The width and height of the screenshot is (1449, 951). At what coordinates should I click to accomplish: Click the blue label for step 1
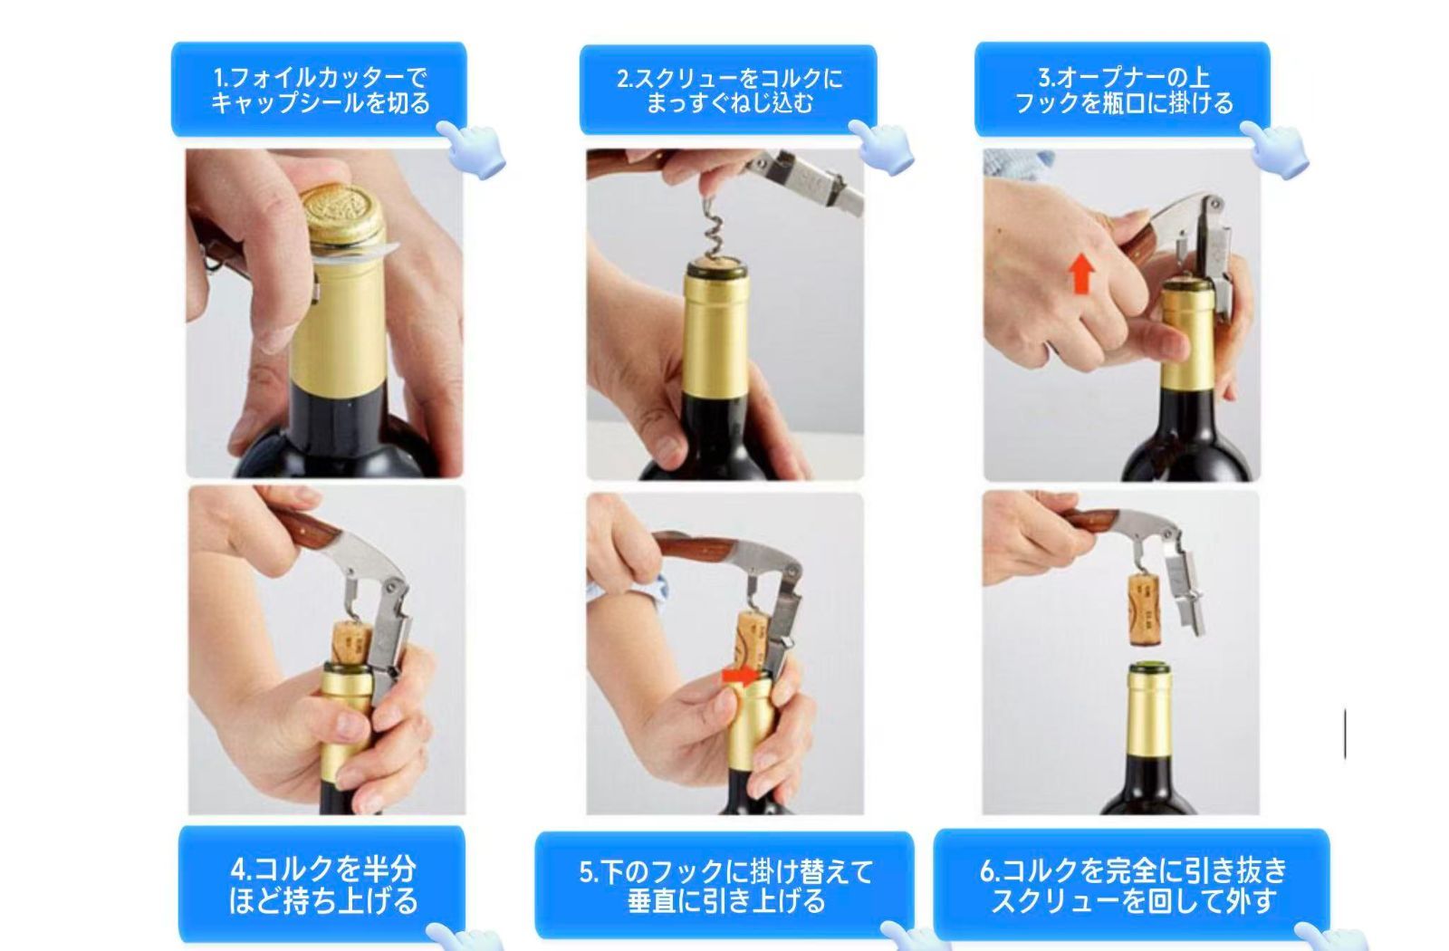coord(319,90)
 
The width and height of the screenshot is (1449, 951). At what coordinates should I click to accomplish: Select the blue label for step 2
coord(728,90)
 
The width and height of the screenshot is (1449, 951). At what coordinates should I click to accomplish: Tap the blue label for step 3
coord(1122,90)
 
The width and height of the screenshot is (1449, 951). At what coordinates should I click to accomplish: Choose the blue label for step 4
coord(322,884)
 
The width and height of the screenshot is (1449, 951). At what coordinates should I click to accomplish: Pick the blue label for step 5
coord(724,885)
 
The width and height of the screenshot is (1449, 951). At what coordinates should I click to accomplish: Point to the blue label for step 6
coord(1131,884)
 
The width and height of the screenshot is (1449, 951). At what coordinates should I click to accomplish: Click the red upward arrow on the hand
coord(1081,274)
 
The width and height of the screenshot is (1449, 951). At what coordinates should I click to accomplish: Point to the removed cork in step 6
coord(1144,609)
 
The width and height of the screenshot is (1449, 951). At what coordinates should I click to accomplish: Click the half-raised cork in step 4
coord(351,642)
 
